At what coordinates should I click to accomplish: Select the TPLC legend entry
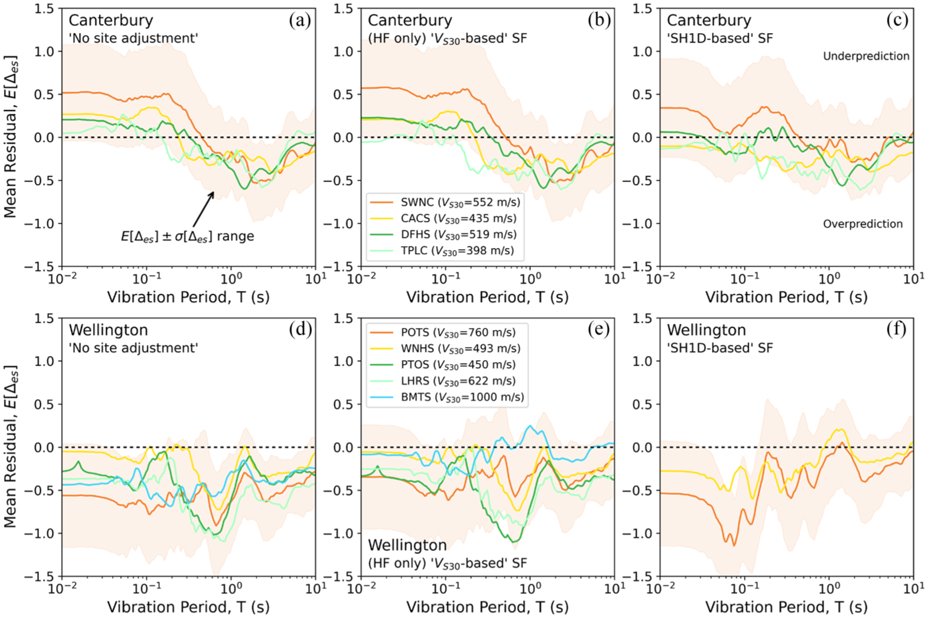(x=442, y=251)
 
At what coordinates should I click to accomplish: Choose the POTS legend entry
(x=443, y=333)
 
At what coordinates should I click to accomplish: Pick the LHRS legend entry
(x=443, y=381)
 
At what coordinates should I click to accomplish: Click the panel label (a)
(x=300, y=21)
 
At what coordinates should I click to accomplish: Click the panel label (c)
(x=897, y=21)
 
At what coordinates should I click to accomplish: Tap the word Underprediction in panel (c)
(x=866, y=56)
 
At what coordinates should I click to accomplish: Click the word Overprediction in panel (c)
(x=863, y=225)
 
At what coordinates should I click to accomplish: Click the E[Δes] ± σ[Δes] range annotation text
(x=187, y=236)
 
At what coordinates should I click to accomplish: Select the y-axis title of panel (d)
(x=10, y=447)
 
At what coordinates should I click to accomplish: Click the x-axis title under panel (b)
(x=487, y=297)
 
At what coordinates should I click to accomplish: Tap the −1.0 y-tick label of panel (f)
(x=637, y=534)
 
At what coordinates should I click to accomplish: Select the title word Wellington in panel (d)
(x=108, y=330)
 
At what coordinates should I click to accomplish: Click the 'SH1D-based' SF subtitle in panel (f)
(x=720, y=348)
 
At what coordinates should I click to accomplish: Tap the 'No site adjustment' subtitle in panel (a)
(x=133, y=39)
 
